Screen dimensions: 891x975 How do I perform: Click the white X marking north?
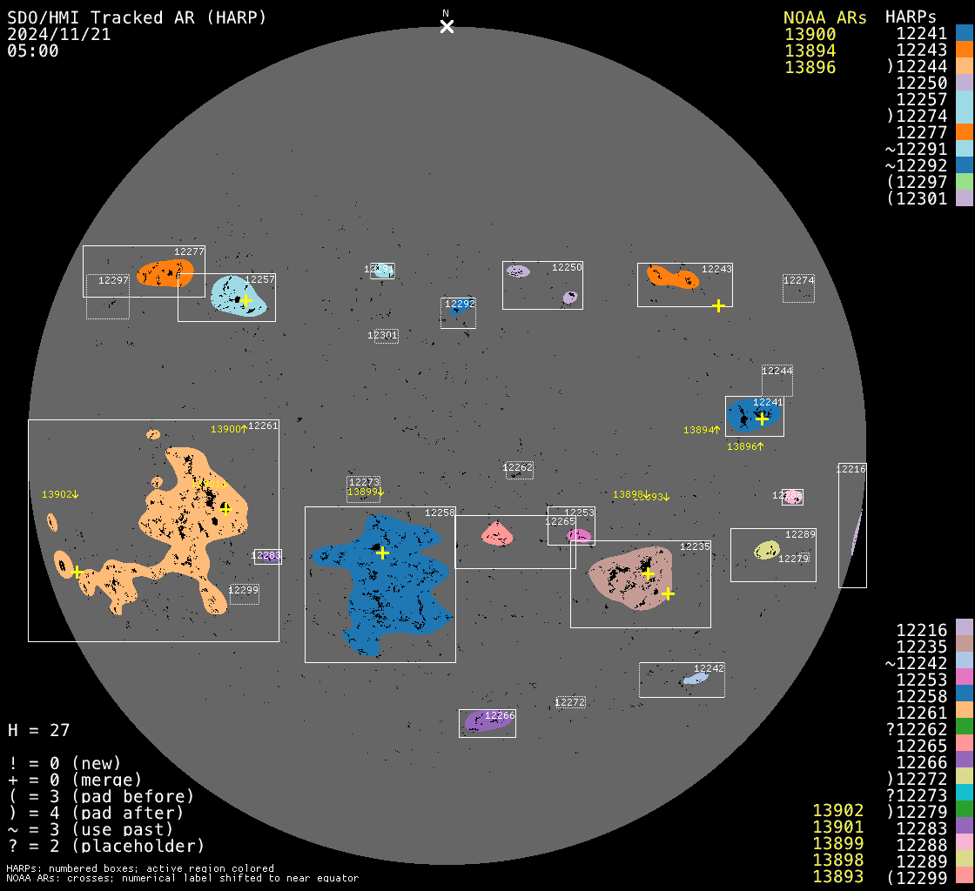point(447,26)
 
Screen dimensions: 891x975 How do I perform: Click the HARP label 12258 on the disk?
point(440,513)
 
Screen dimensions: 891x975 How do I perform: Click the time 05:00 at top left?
point(33,50)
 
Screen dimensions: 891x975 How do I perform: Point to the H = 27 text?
point(38,730)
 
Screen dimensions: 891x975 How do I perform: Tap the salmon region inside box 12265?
point(497,533)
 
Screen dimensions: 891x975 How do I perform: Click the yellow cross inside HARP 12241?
point(762,419)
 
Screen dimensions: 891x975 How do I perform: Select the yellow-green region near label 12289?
point(766,550)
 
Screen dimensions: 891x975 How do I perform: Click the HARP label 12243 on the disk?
point(716,270)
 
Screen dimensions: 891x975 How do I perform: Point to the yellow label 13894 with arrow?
point(701,430)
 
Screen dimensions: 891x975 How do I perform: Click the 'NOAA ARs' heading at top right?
point(824,18)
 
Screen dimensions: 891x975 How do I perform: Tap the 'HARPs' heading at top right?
point(911,18)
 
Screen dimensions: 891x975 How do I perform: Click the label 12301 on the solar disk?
point(382,335)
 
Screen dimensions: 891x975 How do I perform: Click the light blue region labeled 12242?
point(694,678)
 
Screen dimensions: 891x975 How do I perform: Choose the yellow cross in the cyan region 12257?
point(245,300)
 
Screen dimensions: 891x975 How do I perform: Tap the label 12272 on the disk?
point(570,702)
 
